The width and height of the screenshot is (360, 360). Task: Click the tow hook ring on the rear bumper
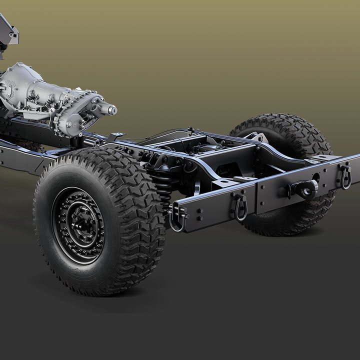305,189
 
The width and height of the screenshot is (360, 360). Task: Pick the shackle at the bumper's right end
344,176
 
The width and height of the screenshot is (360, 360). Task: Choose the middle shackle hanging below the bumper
240,207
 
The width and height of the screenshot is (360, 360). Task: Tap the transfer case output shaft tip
111,108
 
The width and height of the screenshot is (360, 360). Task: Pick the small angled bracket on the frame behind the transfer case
117,135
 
